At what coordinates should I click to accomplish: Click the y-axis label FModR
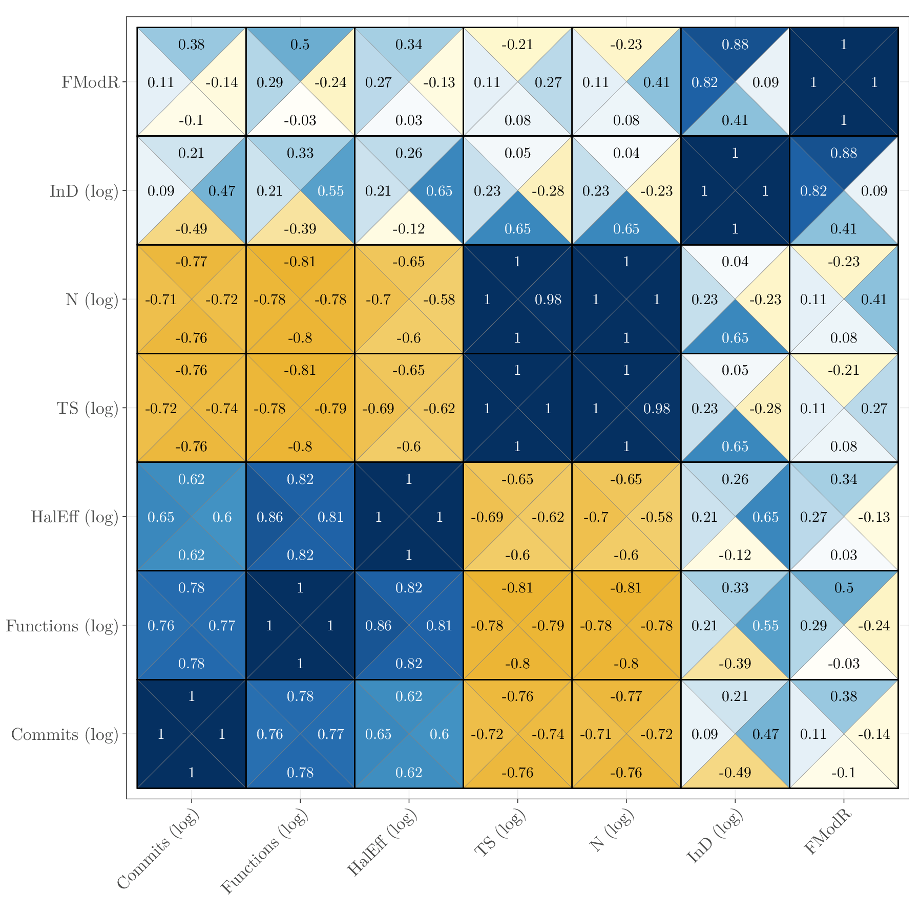90,82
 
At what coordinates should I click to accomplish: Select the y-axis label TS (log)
88,408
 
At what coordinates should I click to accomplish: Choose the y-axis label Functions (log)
62,626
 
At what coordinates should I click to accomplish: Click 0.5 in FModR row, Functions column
300,45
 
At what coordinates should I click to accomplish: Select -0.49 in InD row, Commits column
191,229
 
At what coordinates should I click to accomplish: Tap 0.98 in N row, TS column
548,300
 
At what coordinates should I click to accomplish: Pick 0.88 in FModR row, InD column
735,45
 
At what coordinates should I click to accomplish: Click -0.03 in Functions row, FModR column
843,664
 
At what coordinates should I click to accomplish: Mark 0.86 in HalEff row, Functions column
269,517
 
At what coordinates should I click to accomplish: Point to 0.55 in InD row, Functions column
330,191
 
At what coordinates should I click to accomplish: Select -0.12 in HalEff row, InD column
735,555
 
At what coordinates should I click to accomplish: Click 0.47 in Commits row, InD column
765,734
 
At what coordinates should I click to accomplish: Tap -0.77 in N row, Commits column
191,262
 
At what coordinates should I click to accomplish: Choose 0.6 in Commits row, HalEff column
439,734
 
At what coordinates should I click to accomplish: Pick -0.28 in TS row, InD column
765,409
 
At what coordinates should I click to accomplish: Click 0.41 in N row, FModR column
874,300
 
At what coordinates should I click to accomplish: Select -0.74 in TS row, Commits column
221,409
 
